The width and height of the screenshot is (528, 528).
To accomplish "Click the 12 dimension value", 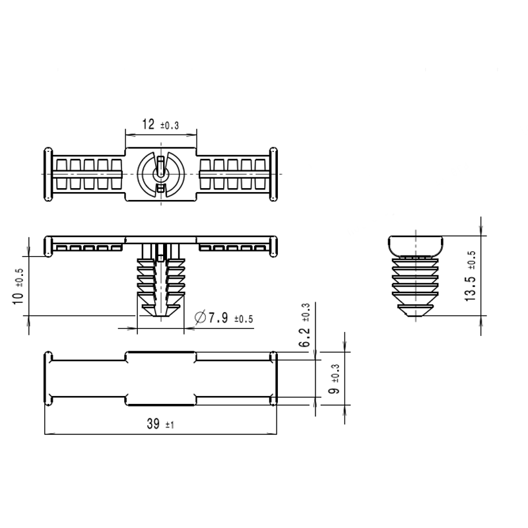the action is pyautogui.click(x=148, y=124).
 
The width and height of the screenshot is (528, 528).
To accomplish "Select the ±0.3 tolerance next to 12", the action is pyautogui.click(x=170, y=125).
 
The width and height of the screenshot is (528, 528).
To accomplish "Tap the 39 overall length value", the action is pyautogui.click(x=153, y=424).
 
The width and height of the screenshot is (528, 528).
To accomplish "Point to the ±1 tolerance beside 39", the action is pyautogui.click(x=170, y=425).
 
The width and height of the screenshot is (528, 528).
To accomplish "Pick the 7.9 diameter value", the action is pyautogui.click(x=218, y=317).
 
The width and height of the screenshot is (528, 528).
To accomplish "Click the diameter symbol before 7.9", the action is pyautogui.click(x=200, y=317).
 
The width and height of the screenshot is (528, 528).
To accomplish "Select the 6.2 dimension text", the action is pyautogui.click(x=305, y=337).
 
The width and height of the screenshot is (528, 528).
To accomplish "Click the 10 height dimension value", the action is pyautogui.click(x=18, y=298).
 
